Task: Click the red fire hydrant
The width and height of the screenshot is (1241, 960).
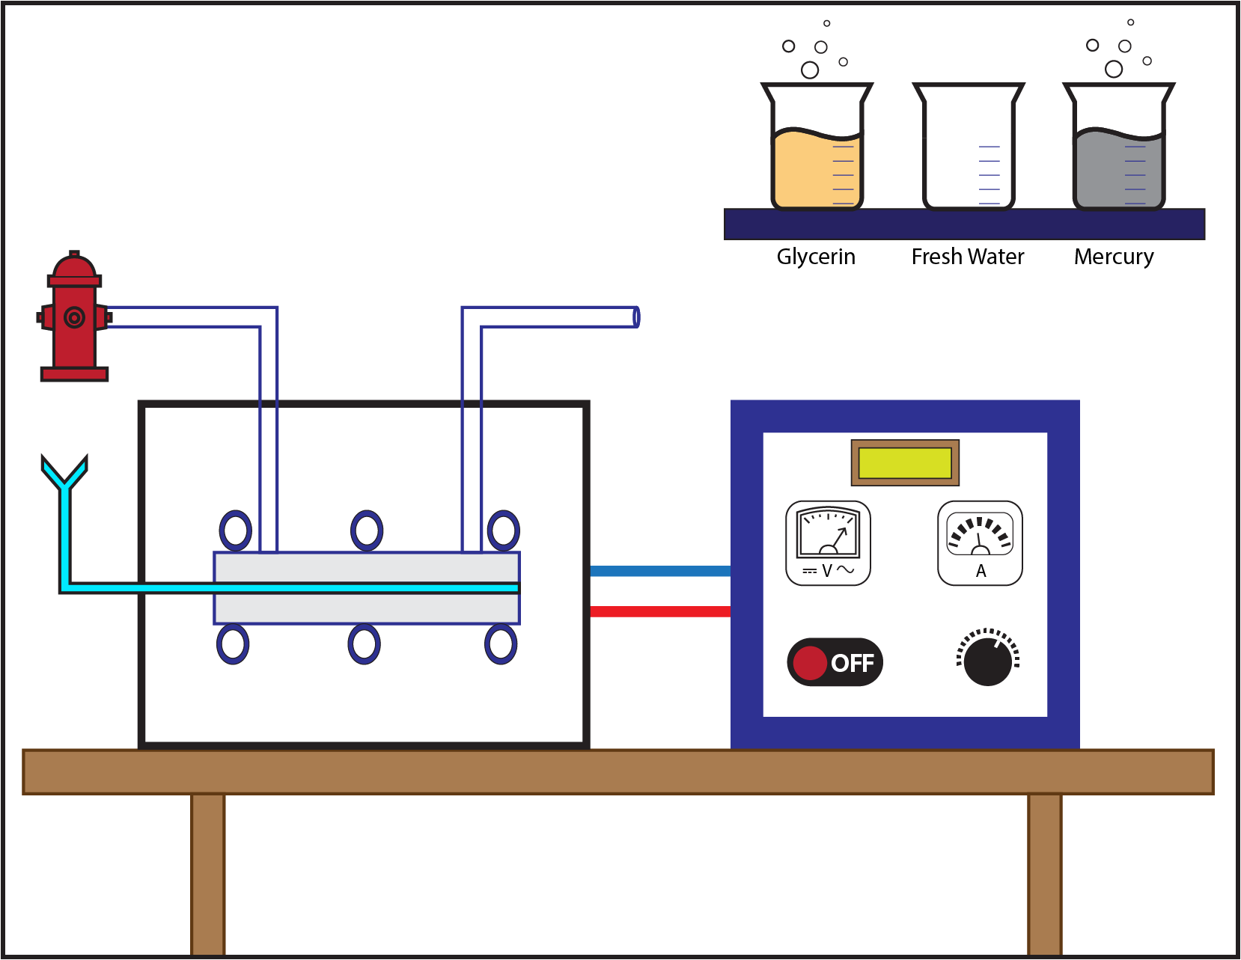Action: pyautogui.click(x=73, y=318)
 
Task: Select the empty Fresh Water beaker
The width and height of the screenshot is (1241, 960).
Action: pyautogui.click(x=968, y=150)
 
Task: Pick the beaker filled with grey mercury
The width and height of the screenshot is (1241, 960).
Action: pyautogui.click(x=1118, y=165)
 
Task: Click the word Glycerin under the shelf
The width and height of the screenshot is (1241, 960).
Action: pyautogui.click(x=815, y=257)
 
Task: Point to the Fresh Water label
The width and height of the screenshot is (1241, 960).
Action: pyautogui.click(x=967, y=257)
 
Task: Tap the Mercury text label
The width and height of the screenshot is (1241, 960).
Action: pyautogui.click(x=1113, y=257)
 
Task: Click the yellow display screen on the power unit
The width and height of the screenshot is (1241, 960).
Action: pyautogui.click(x=904, y=463)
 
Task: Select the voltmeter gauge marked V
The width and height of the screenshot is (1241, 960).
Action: pyautogui.click(x=828, y=542)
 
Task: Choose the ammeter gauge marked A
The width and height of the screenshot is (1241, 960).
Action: pyautogui.click(x=980, y=542)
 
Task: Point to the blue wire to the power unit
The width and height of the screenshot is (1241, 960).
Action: pyautogui.click(x=659, y=572)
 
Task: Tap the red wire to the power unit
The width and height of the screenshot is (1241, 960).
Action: pyautogui.click(x=659, y=611)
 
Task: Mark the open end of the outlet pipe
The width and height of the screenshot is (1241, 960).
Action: pyautogui.click(x=635, y=317)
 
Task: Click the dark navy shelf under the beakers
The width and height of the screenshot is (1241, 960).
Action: pyautogui.click(x=964, y=224)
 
